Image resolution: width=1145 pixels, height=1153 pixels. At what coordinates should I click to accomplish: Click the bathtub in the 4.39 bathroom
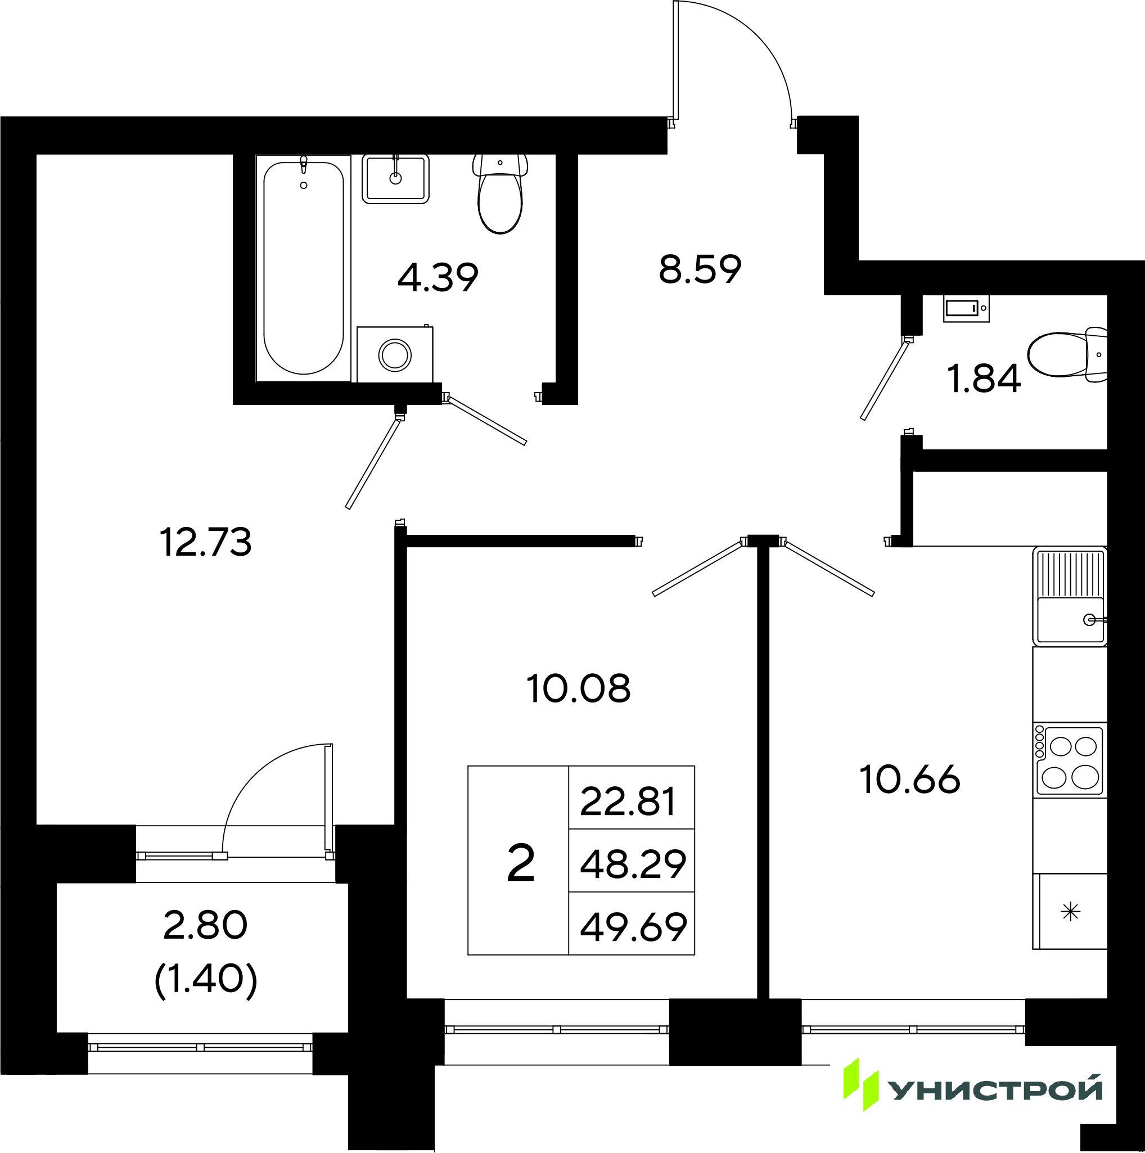(304, 268)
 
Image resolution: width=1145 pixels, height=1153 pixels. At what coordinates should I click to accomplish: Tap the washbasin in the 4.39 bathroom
(395, 178)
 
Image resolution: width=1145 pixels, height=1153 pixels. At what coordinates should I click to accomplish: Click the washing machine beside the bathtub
(395, 354)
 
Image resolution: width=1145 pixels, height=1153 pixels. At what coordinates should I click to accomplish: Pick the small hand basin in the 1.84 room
(966, 309)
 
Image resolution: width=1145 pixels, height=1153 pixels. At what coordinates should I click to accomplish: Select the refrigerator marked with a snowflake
(1070, 911)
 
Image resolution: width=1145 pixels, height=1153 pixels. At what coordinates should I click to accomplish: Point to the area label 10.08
(578, 688)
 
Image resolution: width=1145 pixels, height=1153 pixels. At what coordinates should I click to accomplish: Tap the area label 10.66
(910, 780)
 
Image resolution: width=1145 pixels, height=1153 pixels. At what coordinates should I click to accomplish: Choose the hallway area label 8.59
(700, 270)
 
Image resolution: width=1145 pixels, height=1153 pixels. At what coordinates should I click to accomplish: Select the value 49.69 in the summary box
(633, 927)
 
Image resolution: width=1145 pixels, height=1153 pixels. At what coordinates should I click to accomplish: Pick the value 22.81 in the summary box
(628, 801)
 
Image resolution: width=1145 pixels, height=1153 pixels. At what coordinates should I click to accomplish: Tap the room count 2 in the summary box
(520, 864)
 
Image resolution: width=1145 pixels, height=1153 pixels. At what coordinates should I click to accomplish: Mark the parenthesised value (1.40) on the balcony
(206, 979)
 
